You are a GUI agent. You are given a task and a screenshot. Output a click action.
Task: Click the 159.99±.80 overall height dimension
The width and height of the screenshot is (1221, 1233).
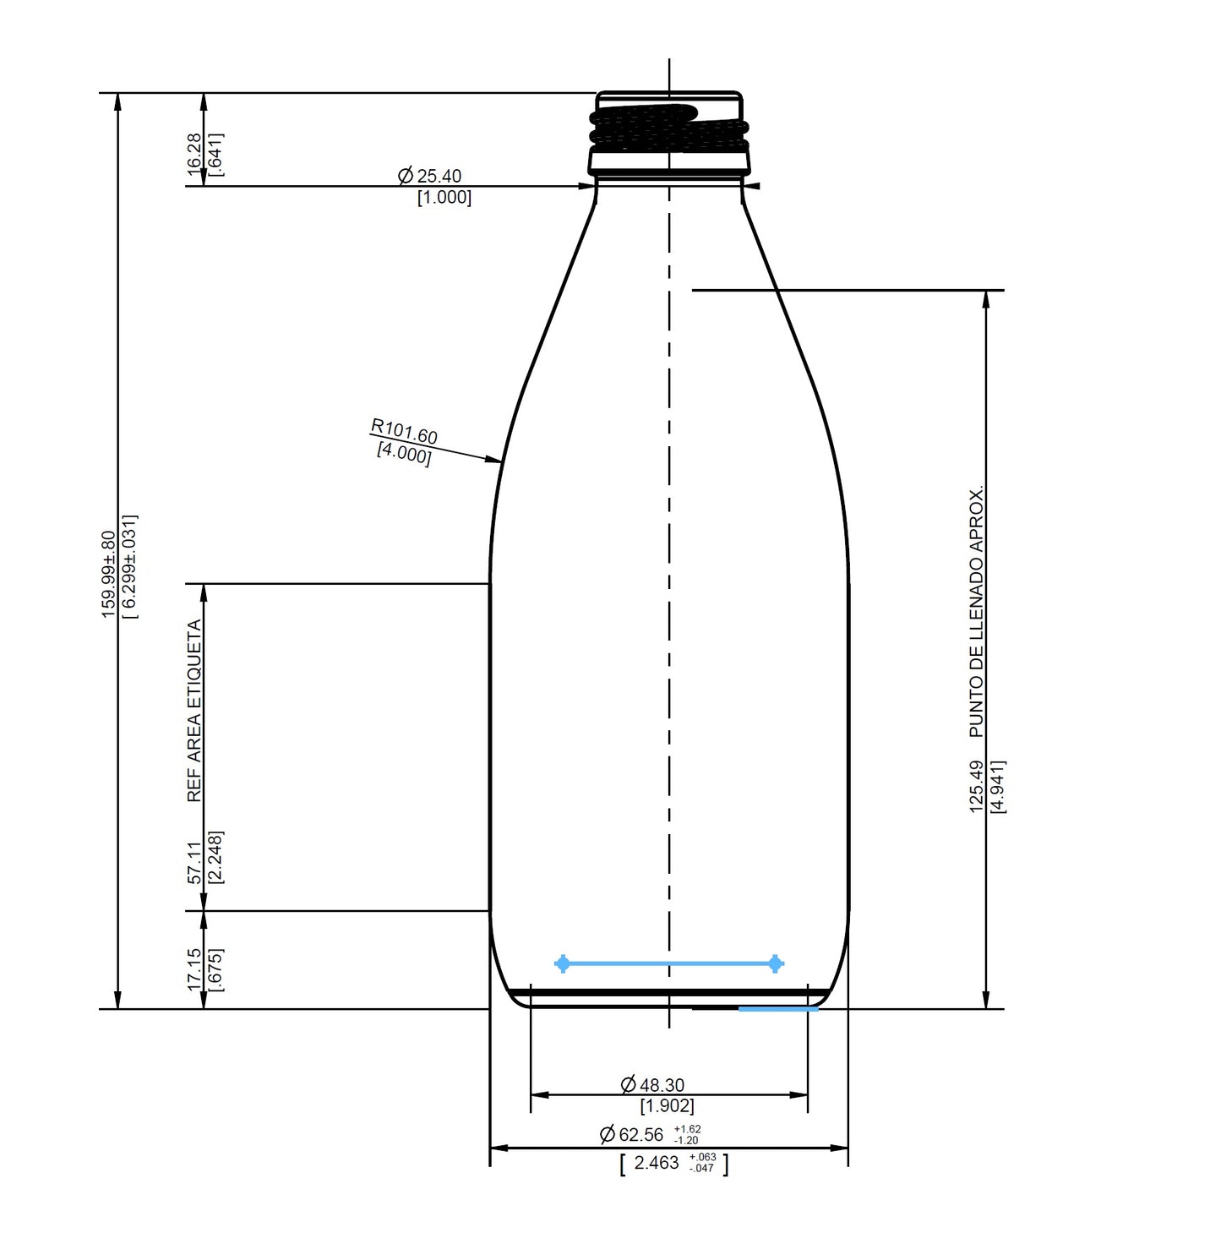(108, 574)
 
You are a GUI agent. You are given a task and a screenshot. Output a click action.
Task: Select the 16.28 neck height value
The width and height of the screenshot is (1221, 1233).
(195, 154)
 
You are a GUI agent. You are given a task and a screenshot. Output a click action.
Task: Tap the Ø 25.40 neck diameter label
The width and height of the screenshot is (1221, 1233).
(430, 176)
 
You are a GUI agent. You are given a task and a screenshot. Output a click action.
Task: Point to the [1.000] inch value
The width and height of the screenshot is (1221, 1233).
(444, 198)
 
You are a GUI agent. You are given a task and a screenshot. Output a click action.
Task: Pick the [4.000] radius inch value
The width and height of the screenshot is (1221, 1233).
(403, 454)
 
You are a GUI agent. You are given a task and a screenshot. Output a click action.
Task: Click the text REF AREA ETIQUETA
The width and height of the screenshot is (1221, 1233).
(194, 711)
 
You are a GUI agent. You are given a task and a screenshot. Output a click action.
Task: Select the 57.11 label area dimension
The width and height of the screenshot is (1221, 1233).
(195, 862)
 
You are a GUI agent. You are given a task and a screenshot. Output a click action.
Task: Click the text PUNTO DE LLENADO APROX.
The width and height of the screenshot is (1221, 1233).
(977, 612)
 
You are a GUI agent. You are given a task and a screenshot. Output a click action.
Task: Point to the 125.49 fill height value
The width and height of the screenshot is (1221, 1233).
(977, 787)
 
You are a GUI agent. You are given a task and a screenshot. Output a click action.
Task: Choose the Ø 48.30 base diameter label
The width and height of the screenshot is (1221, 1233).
(652, 1084)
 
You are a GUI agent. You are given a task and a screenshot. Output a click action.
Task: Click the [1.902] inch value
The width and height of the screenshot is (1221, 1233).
(667, 1105)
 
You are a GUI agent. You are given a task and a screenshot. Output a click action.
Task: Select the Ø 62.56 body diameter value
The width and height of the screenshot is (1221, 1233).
(632, 1134)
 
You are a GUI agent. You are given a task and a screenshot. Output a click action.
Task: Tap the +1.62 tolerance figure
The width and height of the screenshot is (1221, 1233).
(687, 1129)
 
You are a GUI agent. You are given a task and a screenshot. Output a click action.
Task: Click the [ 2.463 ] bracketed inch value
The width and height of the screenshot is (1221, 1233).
(657, 1163)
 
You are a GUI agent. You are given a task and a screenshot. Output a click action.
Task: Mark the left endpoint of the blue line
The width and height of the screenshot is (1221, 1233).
(562, 963)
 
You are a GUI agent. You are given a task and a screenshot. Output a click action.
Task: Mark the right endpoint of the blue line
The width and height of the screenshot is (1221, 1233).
(776, 963)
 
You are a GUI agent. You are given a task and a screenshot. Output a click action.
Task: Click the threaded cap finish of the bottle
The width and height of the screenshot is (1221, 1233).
(669, 131)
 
